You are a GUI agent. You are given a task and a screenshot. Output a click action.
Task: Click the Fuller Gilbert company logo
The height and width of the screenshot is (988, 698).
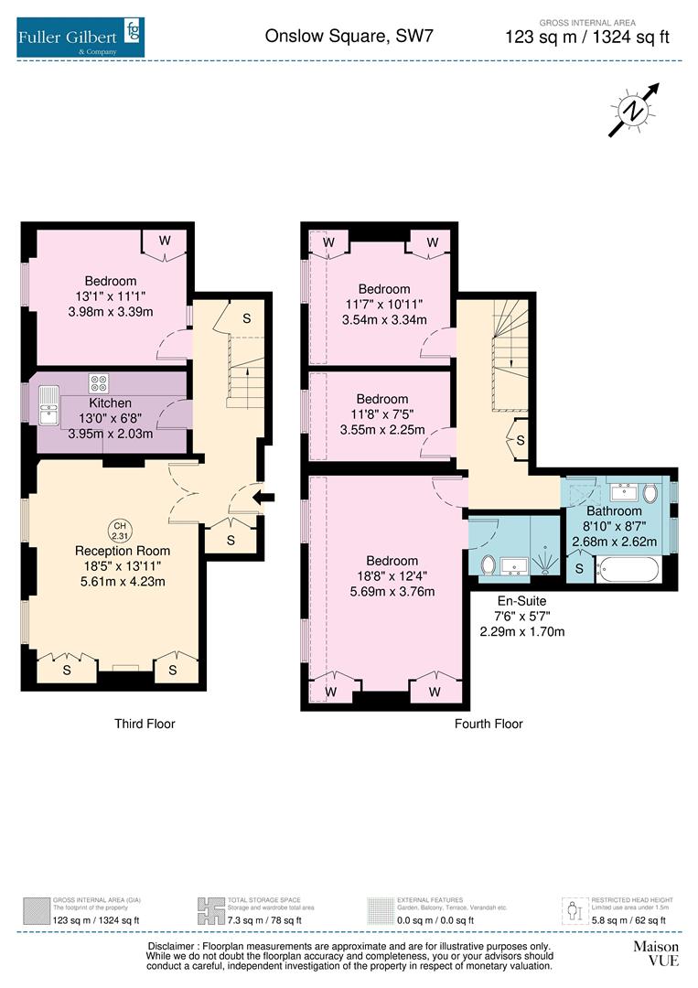(x=80, y=38)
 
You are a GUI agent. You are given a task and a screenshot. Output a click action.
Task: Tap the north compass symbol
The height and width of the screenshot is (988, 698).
(x=633, y=111)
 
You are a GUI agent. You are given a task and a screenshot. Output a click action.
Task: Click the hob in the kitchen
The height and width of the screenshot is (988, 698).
(x=98, y=382)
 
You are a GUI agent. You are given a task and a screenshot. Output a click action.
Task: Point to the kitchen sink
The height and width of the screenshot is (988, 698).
(x=48, y=403)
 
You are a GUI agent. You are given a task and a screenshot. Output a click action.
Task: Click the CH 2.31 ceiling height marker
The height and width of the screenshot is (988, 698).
(x=119, y=530)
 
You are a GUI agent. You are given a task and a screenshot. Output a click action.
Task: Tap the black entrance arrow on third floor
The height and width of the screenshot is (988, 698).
(x=265, y=498)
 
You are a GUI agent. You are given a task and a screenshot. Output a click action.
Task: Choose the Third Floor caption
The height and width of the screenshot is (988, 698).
(x=145, y=724)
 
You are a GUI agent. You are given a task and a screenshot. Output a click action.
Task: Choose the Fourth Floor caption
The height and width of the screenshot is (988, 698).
(x=489, y=724)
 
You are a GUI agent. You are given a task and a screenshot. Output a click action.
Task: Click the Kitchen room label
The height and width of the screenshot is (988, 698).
(x=110, y=403)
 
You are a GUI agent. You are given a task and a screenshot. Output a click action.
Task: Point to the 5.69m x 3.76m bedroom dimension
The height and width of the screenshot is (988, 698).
(x=392, y=591)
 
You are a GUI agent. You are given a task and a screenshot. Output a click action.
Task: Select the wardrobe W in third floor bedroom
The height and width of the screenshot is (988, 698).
(x=165, y=241)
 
